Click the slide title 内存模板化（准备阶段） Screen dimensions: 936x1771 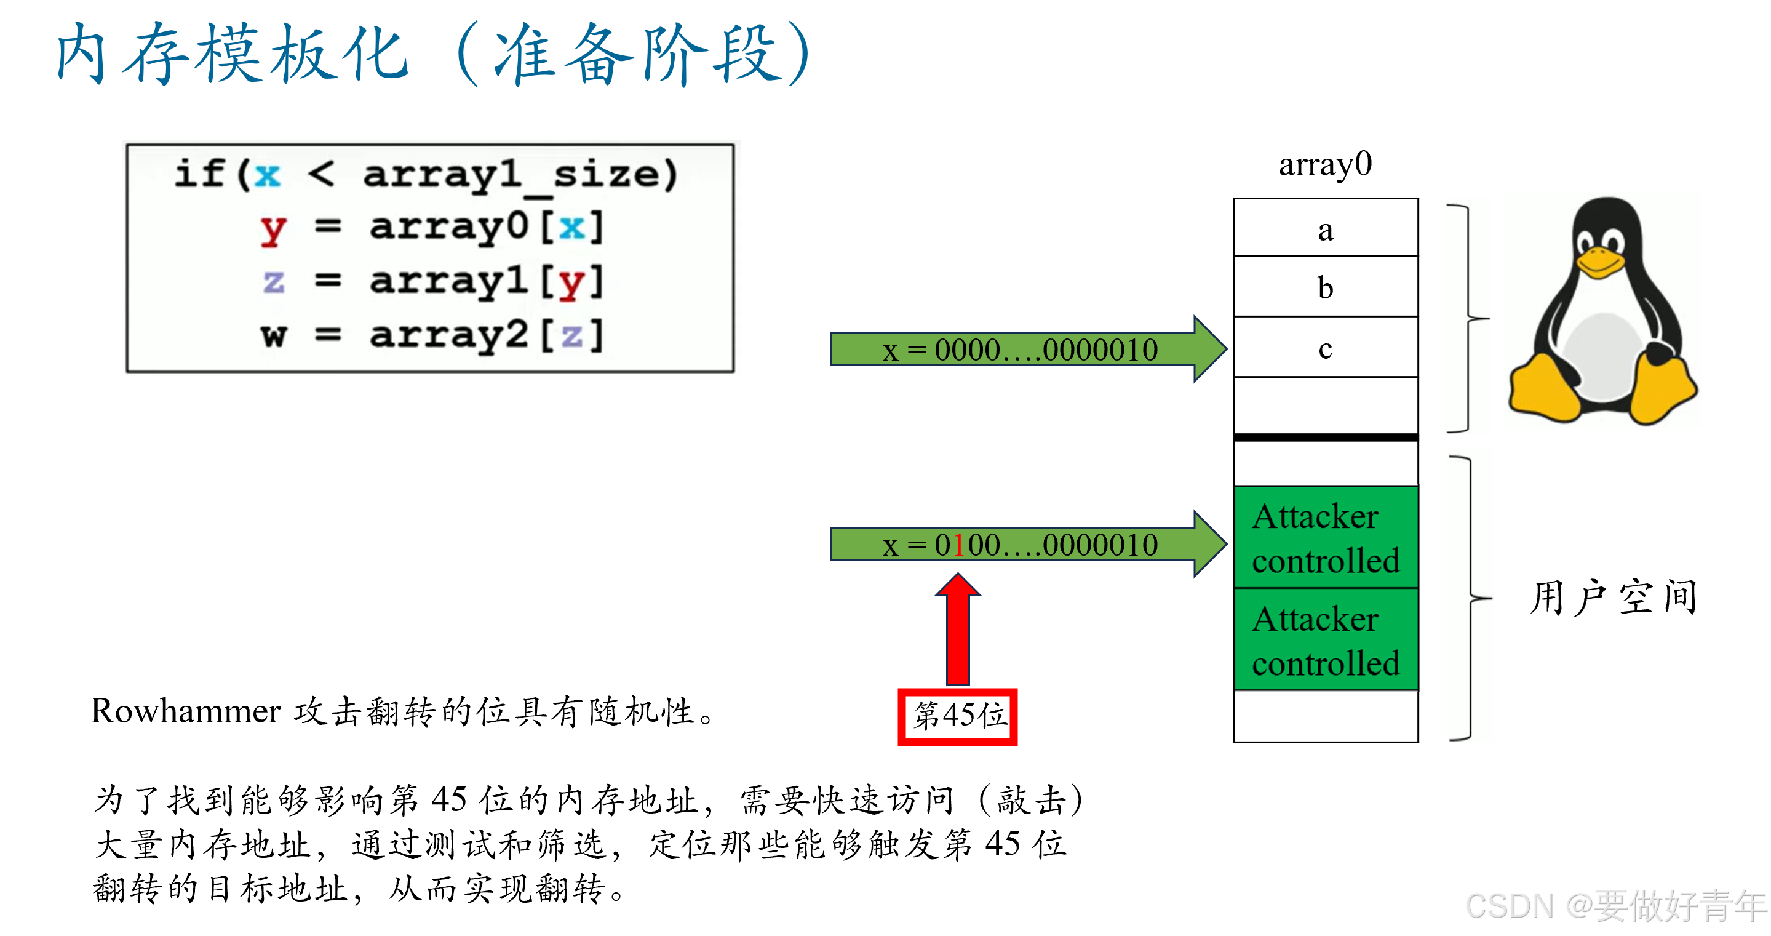coord(433,54)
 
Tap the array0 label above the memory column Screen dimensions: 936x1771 coord(1325,165)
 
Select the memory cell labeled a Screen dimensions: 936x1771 coord(1326,229)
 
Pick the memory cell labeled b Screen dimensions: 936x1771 coord(1326,287)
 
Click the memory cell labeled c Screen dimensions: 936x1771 coord(1326,348)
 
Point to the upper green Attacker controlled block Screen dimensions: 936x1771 coord(1326,538)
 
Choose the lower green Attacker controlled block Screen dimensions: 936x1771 coord(1326,640)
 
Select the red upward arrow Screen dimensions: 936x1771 coord(958,630)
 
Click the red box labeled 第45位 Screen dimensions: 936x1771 coord(958,716)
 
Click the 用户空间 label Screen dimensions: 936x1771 coord(1613,597)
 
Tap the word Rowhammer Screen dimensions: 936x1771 coord(186,711)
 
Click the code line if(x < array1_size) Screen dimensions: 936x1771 coord(426,174)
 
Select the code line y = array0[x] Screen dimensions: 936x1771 coord(431,227)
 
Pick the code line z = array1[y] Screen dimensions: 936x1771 coord(431,281)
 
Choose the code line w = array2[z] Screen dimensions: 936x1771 coord(431,335)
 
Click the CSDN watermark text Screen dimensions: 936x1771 coord(1615,906)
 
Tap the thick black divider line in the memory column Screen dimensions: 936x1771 coord(1326,438)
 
